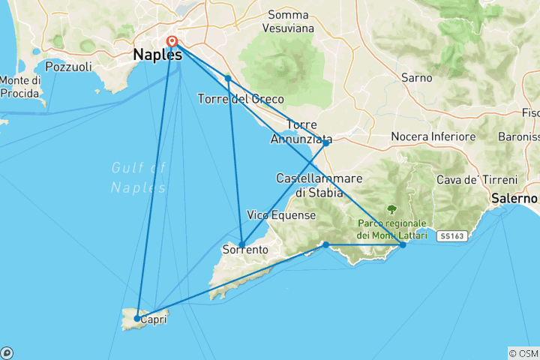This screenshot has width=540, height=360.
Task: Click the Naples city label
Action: click(x=157, y=55)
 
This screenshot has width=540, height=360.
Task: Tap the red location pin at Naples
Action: click(x=172, y=42)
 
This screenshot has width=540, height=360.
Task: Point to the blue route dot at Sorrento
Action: click(x=241, y=242)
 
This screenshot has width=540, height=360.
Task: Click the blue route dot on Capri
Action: click(x=136, y=319)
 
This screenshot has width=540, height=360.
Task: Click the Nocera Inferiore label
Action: click(x=433, y=137)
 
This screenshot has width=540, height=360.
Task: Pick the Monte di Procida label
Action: click(x=20, y=86)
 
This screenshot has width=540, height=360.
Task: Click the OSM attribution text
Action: click(x=523, y=353)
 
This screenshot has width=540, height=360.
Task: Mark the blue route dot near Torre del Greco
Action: click(x=227, y=78)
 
